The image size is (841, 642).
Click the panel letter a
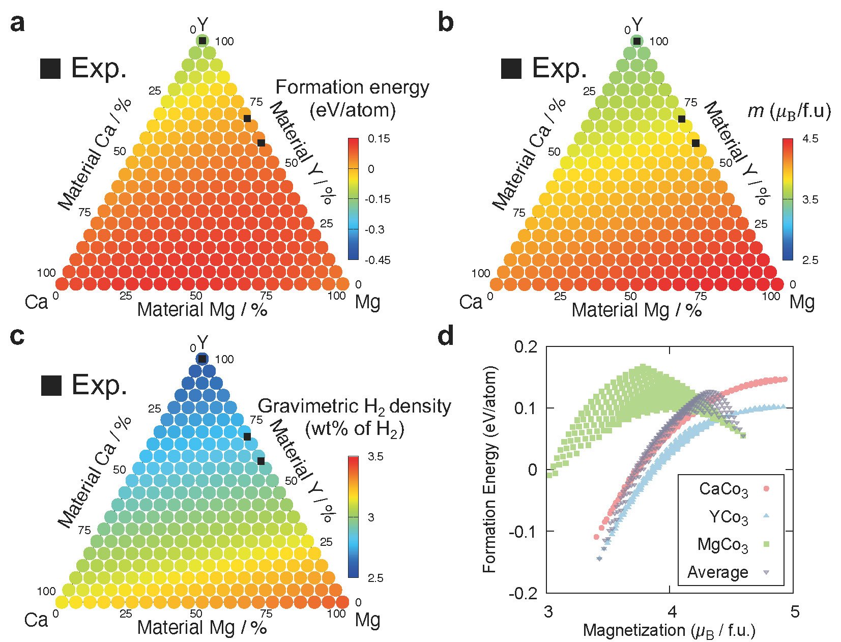pyautogui.click(x=17, y=23)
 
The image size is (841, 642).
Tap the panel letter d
pyautogui.click(x=446, y=337)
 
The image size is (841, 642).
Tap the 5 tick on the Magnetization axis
pyautogui.click(x=793, y=610)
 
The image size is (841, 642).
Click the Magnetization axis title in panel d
pyautogui.click(x=669, y=631)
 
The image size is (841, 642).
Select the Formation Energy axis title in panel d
pyautogui.click(x=489, y=471)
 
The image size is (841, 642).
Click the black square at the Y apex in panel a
pyautogui.click(x=202, y=41)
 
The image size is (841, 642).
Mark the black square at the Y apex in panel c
pyautogui.click(x=202, y=359)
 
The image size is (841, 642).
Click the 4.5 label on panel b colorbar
pyautogui.click(x=810, y=139)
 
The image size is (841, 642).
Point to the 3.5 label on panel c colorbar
pyautogui.click(x=376, y=457)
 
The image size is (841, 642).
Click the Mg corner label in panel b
pyautogui.click(x=802, y=302)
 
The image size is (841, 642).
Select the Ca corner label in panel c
pyautogui.click(x=36, y=620)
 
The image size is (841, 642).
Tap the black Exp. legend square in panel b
pyautogui.click(x=511, y=69)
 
